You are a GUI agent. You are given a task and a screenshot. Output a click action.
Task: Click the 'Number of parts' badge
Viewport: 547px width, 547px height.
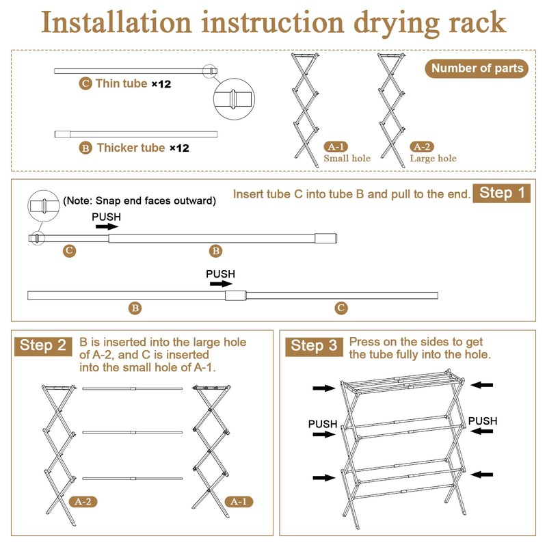pos(477,68)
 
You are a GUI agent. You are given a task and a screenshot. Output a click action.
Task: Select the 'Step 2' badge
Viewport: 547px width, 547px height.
pos(42,345)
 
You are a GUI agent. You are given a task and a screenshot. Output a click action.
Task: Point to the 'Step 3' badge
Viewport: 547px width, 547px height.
pos(315,346)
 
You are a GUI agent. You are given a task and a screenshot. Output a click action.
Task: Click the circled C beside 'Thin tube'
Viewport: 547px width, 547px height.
pos(85,84)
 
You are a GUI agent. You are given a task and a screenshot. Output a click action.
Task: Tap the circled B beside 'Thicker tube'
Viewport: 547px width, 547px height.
pos(85,148)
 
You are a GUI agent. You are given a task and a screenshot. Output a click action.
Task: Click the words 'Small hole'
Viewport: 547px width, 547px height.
pos(347,159)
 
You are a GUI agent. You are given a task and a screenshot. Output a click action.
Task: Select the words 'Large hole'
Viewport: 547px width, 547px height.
pos(433,159)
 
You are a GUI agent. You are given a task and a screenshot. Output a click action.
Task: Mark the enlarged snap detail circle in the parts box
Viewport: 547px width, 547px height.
pos(232,100)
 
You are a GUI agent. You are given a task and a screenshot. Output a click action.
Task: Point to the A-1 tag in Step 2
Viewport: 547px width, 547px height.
pos(239,501)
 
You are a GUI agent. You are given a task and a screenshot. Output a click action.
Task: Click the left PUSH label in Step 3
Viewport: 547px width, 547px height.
pos(322,424)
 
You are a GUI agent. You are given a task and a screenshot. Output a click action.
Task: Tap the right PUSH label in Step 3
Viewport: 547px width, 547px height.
pos(482,421)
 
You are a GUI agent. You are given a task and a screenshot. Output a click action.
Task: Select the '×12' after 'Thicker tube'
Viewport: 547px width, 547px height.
pos(178,148)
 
